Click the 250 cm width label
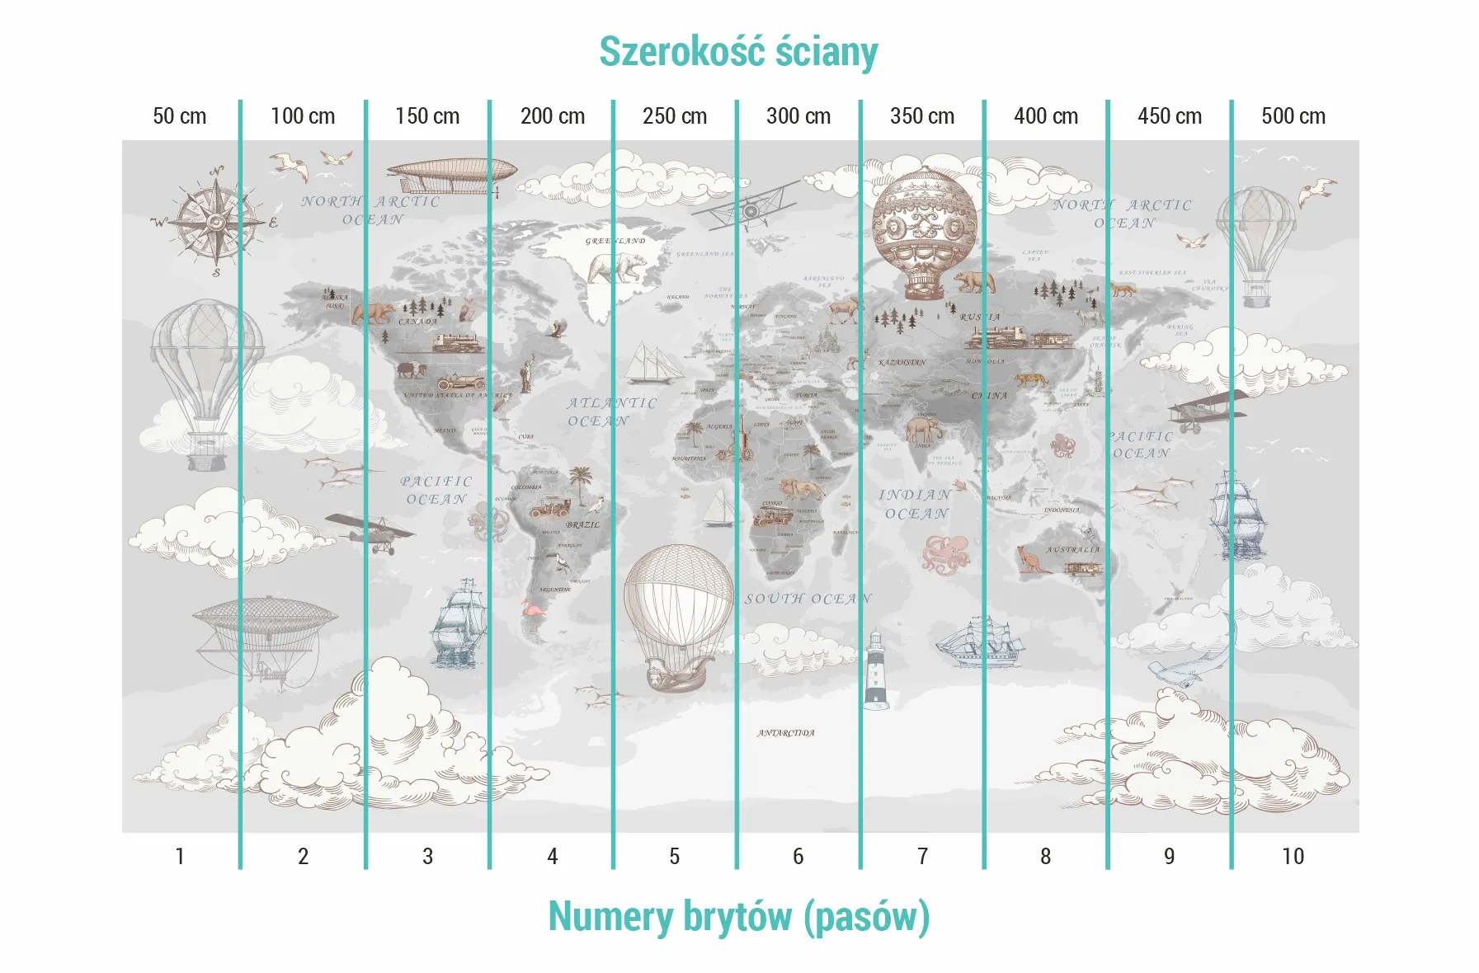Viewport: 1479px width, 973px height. [675, 116]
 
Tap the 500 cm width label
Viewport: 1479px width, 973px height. [1293, 116]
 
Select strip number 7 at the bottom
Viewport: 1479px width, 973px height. [922, 857]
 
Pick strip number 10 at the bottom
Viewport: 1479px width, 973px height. [1293, 857]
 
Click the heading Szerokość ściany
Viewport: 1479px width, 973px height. [738, 51]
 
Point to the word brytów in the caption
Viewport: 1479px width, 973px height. [737, 917]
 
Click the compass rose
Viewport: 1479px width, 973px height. [216, 221]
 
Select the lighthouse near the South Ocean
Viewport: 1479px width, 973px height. [875, 669]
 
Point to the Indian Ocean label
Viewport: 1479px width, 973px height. [916, 504]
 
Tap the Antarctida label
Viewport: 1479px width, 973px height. [785, 733]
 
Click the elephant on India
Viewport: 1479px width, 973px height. [921, 430]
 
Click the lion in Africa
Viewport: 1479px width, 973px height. [799, 489]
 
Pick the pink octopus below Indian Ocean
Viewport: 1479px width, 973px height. [946, 553]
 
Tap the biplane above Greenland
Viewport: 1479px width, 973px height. [745, 207]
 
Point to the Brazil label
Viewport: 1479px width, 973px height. [583, 524]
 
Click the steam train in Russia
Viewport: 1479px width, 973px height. [1019, 336]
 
